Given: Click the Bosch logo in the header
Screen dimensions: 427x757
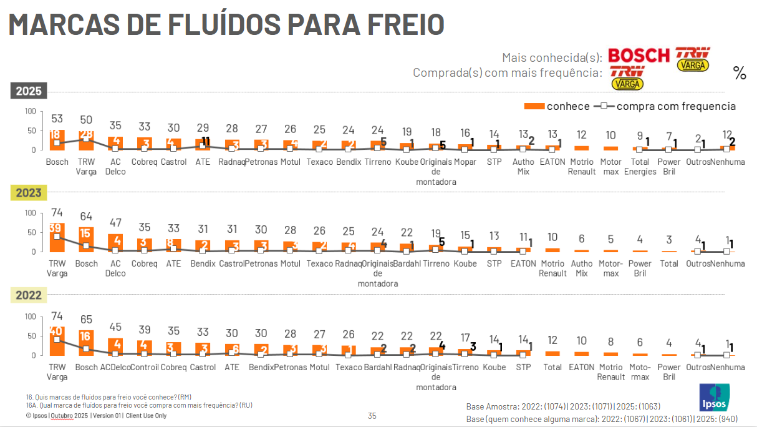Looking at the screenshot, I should (639, 56).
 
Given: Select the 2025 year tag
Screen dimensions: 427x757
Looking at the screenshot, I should (29, 91).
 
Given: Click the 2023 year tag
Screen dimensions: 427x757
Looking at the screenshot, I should (29, 193).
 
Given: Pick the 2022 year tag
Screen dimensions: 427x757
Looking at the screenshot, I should (29, 295).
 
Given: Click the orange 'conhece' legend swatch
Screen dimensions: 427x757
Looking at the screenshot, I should (534, 106).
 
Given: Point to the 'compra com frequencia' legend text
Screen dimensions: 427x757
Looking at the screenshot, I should (676, 106).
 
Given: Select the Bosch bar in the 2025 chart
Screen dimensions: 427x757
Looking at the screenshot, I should (57, 140).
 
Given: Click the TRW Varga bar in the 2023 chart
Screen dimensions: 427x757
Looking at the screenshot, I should (57, 237).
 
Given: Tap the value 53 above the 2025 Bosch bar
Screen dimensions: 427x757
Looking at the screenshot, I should (57, 119).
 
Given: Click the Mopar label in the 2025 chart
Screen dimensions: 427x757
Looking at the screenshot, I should (465, 162).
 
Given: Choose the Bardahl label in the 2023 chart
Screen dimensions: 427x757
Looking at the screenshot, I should (407, 263).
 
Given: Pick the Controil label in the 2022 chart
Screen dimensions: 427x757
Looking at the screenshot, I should (145, 367).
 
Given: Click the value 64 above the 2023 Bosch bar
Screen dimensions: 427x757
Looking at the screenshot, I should (86, 217).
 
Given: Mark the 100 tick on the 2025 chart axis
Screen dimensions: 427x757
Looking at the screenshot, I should (31, 111).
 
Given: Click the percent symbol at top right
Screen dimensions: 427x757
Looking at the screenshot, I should (740, 73).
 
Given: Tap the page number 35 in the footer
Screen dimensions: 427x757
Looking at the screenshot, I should (372, 416).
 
